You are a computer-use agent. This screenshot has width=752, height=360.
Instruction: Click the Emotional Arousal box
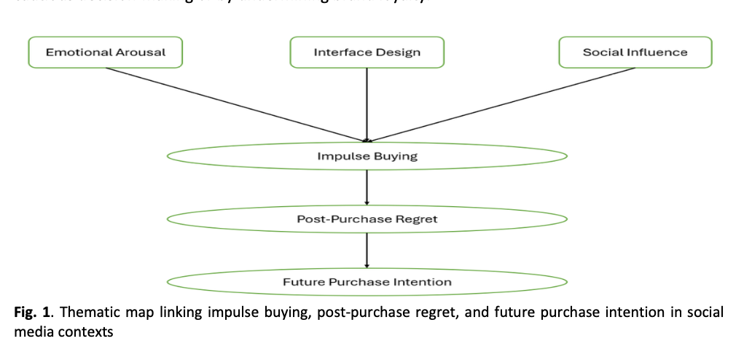click(106, 52)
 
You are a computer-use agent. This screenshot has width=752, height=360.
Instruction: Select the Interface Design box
click(367, 52)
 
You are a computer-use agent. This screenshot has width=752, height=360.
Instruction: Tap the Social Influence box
click(635, 52)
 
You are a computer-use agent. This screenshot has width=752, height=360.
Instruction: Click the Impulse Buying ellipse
click(367, 156)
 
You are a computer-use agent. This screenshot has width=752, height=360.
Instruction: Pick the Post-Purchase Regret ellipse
click(367, 219)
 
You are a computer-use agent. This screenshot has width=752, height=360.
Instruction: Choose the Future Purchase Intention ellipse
click(367, 281)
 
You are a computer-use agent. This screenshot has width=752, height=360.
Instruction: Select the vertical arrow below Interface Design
click(367, 102)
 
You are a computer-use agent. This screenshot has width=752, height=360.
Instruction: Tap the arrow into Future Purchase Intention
click(367, 250)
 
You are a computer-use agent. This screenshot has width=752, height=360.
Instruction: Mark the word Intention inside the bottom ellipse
click(423, 281)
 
